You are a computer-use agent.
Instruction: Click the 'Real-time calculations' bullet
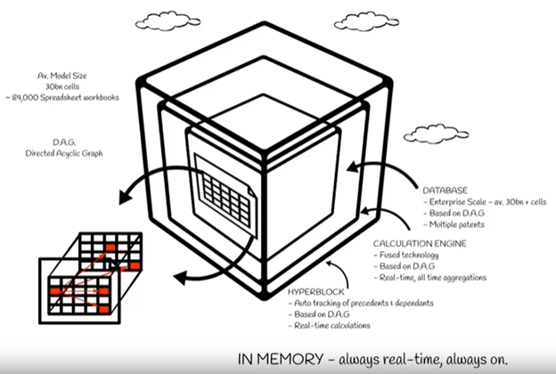[334, 326]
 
